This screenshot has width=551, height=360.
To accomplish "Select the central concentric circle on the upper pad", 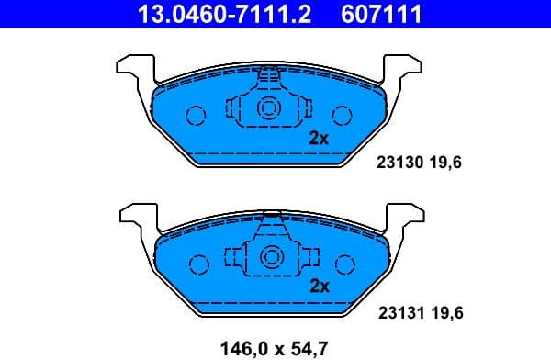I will pyautogui.click(x=269, y=107).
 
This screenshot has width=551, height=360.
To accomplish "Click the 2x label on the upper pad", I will pyautogui.click(x=319, y=139).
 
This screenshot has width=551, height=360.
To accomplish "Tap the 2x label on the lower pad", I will pyautogui.click(x=319, y=286).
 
